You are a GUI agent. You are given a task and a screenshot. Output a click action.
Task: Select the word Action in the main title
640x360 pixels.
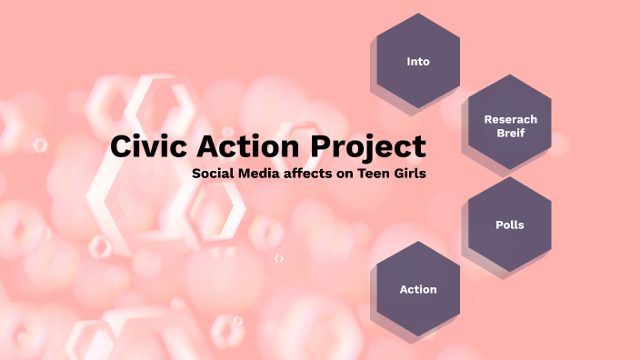tap(248, 146)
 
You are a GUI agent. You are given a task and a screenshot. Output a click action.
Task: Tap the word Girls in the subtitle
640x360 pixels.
tap(410, 173)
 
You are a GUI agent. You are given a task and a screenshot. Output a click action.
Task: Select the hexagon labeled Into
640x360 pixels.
tap(418, 62)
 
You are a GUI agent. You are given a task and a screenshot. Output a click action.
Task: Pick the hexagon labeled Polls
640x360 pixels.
tap(509, 225)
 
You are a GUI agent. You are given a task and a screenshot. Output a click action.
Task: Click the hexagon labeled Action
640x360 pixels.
tap(418, 289)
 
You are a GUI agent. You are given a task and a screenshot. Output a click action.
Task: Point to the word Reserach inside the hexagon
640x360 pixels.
tap(510, 119)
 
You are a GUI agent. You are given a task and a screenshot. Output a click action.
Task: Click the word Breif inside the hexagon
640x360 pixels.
tap(510, 133)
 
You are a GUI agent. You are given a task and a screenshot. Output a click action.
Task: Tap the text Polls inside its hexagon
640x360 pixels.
tap(510, 225)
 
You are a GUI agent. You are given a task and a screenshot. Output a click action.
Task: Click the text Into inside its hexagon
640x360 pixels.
tap(418, 62)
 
